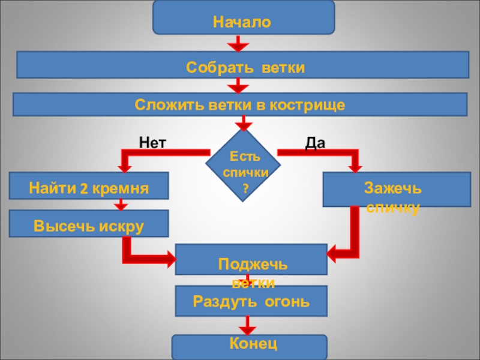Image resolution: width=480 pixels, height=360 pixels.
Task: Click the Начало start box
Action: [243, 17]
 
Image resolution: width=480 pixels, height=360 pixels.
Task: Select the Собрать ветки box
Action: [242, 65]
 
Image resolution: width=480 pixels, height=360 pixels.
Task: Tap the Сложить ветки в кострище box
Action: [240, 104]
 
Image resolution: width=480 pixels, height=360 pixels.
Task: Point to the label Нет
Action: [152, 142]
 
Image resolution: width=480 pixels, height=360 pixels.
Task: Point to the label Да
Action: [315, 142]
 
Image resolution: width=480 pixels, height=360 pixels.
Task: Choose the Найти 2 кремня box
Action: [89, 188]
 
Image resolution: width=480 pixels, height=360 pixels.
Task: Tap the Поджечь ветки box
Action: [251, 259]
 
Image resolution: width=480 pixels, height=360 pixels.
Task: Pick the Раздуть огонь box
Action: [251, 301]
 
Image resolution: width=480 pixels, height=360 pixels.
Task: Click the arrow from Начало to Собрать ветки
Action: [238, 44]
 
